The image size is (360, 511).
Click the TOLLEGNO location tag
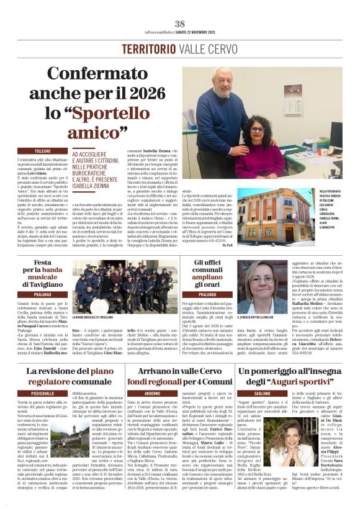click(43, 151)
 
